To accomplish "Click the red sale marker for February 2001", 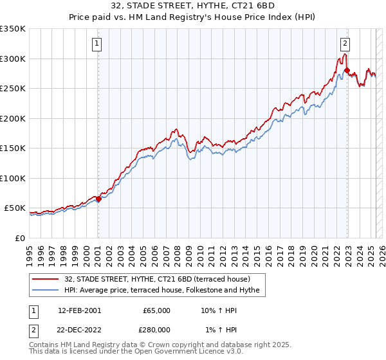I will coord(98,199).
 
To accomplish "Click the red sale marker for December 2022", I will coord(347,71).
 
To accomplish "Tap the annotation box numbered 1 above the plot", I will coord(97,44).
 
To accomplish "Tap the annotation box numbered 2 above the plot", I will coord(345,44).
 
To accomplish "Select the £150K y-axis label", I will coord(13,148).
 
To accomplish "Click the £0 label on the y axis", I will coord(20,238).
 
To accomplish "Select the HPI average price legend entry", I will coord(161,291).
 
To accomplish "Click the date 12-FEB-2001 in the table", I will coord(79,310).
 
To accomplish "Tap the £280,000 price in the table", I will coord(157,329).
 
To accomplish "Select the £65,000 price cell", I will coord(156,310).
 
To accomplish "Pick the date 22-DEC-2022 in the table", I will coord(79,329).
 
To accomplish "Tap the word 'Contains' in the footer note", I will coord(44,345).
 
